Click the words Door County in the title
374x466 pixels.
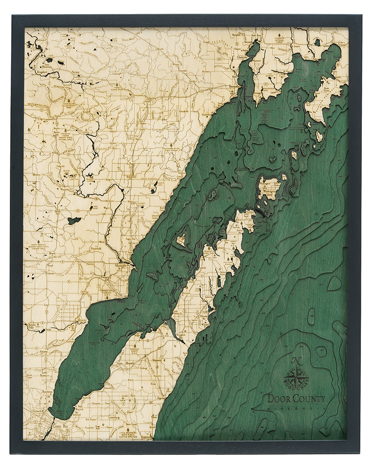pyautogui.click(x=296, y=398)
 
